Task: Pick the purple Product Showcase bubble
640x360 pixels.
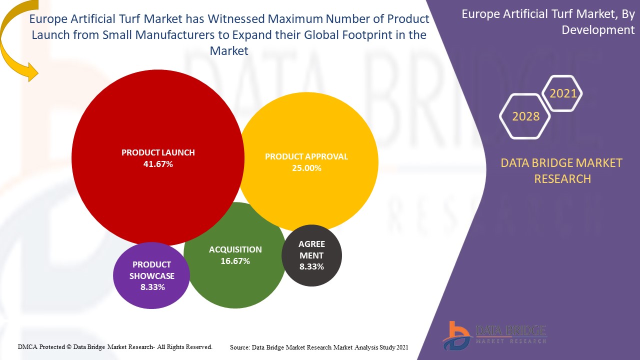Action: click(x=151, y=295)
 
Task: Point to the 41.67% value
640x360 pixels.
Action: click(x=158, y=164)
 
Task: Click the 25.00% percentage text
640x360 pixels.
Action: click(x=306, y=168)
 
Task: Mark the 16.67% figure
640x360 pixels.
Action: click(x=235, y=261)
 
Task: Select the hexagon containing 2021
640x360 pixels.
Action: click(x=563, y=93)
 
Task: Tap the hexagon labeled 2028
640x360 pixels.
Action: click(x=525, y=116)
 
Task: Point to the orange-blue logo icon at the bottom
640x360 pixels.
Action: click(x=456, y=335)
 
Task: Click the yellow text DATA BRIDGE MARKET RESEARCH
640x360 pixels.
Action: click(x=562, y=170)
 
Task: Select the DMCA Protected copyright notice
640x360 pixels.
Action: click(x=115, y=346)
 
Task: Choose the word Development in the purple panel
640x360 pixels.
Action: click(x=598, y=30)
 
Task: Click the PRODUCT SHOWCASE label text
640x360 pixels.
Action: click(x=152, y=270)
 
